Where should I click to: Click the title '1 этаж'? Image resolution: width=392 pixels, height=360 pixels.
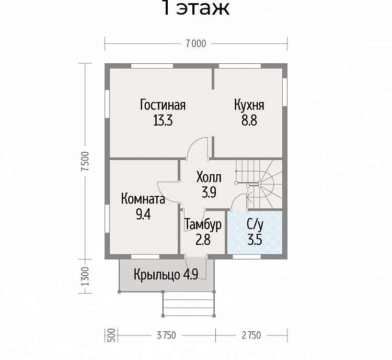click(196, 7)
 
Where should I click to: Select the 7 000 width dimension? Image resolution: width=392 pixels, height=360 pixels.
click(196, 44)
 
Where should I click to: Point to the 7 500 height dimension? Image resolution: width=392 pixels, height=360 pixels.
click(85, 161)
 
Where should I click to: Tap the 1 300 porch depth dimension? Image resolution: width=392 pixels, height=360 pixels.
click(85, 276)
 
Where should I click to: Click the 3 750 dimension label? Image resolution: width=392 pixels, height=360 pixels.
click(167, 335)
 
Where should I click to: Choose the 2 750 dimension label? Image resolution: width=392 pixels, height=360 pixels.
click(251, 335)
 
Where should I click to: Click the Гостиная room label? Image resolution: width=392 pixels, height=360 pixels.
click(163, 105)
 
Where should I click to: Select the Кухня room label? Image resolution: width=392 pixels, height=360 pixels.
click(249, 105)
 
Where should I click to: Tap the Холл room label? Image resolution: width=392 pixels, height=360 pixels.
click(209, 177)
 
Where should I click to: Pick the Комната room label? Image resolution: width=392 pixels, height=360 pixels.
click(143, 199)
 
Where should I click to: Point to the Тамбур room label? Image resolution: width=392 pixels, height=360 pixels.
click(203, 224)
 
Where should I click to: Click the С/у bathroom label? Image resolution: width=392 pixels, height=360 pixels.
click(255, 224)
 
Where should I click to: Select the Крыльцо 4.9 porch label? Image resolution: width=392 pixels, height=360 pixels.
click(166, 275)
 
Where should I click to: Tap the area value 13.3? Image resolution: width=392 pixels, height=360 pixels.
click(163, 121)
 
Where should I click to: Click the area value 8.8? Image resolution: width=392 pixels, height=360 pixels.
click(249, 121)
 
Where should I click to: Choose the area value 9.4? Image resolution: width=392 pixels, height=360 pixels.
click(143, 215)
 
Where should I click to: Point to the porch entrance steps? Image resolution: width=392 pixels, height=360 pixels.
click(189, 304)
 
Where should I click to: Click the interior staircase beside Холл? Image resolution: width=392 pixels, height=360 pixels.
click(259, 184)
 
